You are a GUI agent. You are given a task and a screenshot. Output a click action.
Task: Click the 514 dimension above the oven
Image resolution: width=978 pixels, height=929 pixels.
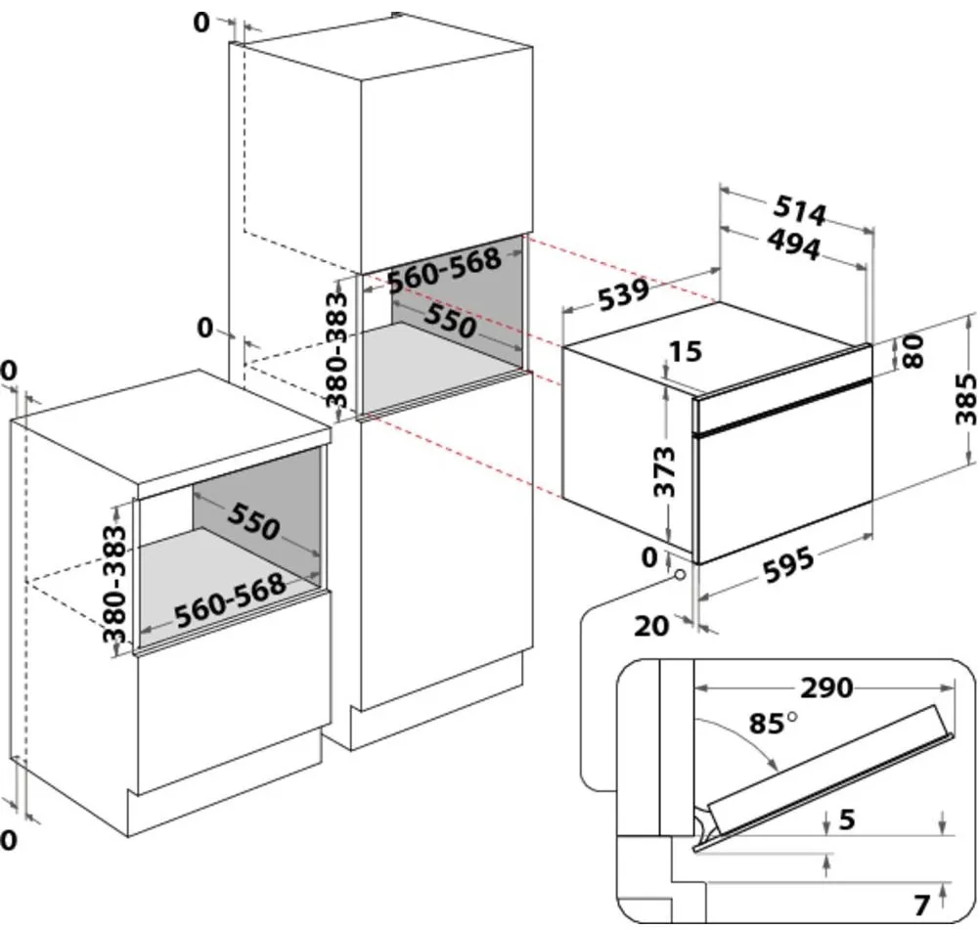coord(801,210)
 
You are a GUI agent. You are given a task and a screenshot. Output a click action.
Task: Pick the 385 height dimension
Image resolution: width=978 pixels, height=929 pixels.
coord(964,398)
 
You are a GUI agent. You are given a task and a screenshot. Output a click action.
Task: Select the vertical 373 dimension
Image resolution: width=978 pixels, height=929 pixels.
coord(664,472)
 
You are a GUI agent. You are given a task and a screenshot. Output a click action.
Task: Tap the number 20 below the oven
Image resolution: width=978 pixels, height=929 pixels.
coord(652,624)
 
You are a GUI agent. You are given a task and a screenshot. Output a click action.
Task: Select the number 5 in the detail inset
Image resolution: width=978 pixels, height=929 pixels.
coord(847,819)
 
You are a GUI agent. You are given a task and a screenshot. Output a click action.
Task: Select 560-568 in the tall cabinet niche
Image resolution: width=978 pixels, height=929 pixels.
coord(444,270)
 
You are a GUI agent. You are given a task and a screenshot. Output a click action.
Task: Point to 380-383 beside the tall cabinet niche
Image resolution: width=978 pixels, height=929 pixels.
coord(335,349)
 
